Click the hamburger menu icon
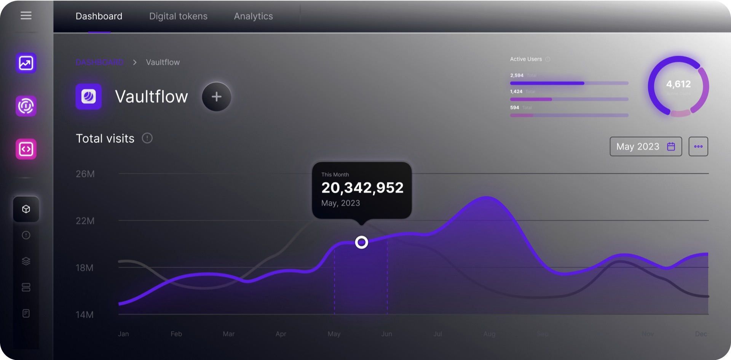tap(26, 16)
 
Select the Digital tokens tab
tap(178, 16)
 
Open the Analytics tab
tap(253, 16)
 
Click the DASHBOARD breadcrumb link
tap(99, 62)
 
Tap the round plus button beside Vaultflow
tap(216, 97)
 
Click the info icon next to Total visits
tap(147, 138)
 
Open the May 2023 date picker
tap(646, 147)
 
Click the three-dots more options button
tap(698, 147)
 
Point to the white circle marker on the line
tap(361, 242)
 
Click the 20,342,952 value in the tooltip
tap(362, 188)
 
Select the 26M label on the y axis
tap(85, 174)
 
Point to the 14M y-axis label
tap(85, 315)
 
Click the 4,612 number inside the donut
tap(678, 84)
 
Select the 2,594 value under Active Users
tap(517, 75)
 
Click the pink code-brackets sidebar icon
tap(26, 149)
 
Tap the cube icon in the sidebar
tap(26, 209)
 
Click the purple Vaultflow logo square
tap(88, 97)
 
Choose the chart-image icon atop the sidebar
tap(26, 63)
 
